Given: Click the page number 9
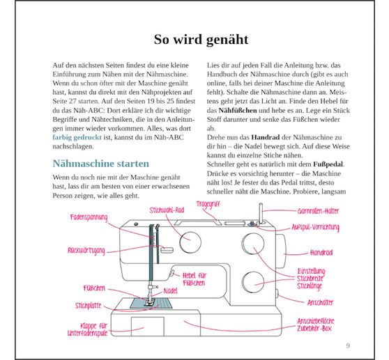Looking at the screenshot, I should point(348,345).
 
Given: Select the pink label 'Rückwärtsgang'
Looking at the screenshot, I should point(87,249).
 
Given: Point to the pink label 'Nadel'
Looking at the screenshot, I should point(170,289).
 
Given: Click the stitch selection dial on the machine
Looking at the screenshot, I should point(188,242).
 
